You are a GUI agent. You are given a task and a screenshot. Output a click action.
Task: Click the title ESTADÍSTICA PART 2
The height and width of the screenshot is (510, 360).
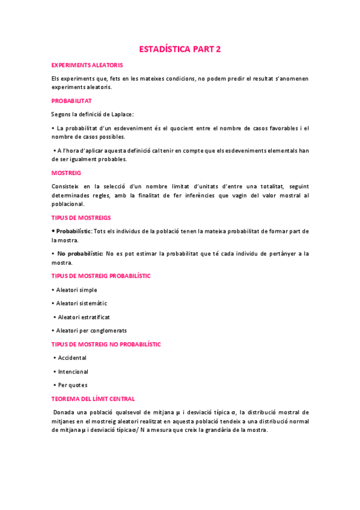(180, 49)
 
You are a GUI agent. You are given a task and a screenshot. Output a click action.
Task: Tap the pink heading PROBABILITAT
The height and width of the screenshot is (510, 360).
(72, 101)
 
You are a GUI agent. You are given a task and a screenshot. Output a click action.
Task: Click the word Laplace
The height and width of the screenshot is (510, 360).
(121, 114)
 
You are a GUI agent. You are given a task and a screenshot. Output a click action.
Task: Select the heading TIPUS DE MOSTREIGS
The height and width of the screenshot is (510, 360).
(81, 217)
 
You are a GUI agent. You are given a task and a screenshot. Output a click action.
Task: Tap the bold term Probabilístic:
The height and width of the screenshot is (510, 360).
(75, 232)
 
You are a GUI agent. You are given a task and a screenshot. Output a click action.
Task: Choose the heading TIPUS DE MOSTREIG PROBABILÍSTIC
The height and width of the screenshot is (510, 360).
(100, 275)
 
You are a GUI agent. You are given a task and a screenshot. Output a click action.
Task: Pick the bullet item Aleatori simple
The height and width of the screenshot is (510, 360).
(77, 290)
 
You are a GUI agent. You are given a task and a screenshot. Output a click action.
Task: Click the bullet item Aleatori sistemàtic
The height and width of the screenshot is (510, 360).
(82, 304)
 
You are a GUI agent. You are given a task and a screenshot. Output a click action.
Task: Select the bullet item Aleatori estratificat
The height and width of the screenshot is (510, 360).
(84, 317)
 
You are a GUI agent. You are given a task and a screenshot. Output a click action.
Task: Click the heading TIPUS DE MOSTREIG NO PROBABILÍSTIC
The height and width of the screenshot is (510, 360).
(106, 345)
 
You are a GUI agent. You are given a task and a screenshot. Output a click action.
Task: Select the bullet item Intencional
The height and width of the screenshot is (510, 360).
(73, 372)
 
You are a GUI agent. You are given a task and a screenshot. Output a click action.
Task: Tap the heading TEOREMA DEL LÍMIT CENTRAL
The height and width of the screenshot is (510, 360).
(93, 399)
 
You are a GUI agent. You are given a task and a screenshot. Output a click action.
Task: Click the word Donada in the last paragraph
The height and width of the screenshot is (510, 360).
(64, 413)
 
